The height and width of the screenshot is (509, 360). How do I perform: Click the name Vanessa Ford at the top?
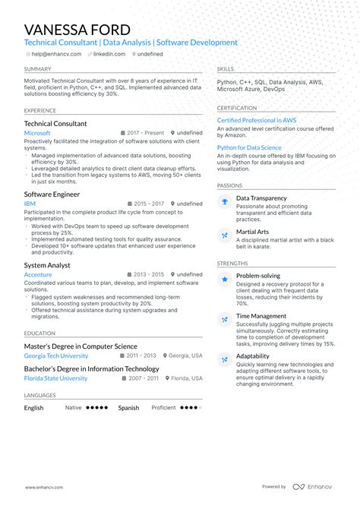tap(77, 30)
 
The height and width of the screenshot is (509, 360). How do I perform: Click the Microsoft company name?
tap(37, 133)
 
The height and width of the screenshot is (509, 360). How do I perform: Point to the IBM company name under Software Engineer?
tap(30, 204)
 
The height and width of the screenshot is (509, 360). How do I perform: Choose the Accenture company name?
tap(38, 274)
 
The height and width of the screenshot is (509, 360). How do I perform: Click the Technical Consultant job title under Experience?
tap(55, 123)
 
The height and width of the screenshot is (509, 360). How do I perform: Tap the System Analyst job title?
tap(47, 265)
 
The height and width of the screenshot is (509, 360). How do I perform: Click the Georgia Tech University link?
tap(55, 356)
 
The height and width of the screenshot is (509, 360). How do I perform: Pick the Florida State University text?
tap(55, 378)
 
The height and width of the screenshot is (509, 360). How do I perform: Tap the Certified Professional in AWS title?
tap(257, 120)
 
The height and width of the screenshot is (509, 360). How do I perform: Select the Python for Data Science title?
tap(249, 147)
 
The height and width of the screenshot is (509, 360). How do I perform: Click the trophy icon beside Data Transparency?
tap(225, 201)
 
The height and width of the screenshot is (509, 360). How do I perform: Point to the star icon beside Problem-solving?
tap(225, 280)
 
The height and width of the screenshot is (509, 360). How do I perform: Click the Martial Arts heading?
tap(254, 231)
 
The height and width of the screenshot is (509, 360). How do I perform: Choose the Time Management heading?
tap(261, 316)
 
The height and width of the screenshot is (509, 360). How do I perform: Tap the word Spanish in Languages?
tap(128, 408)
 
